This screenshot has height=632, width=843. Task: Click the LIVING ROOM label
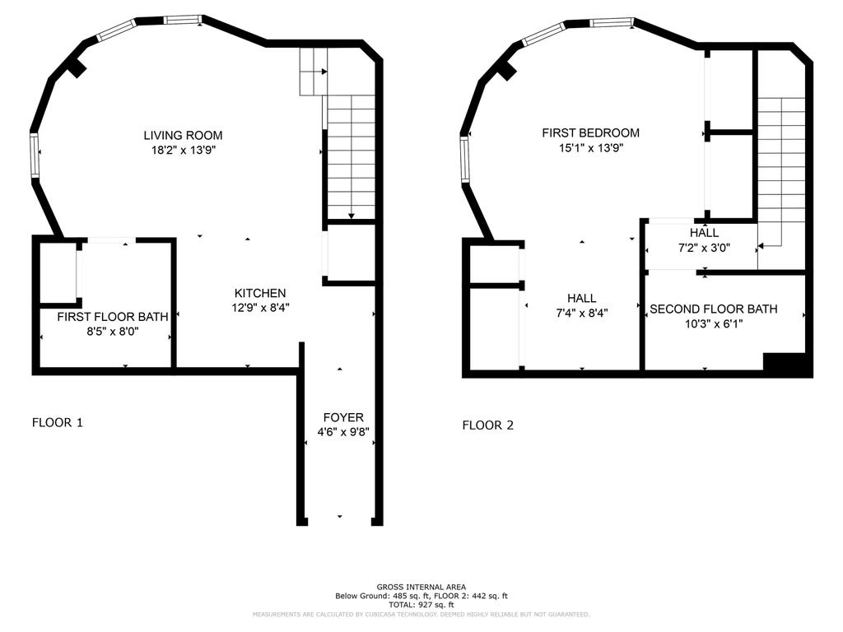point(183,136)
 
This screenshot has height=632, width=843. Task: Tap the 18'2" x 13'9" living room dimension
point(184,150)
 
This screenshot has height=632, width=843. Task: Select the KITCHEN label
point(260,293)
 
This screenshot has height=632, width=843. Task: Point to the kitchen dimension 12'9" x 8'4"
point(261,308)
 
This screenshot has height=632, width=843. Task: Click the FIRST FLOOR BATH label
point(113,317)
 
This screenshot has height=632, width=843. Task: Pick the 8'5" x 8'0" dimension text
point(113,332)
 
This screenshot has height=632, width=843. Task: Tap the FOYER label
point(343,417)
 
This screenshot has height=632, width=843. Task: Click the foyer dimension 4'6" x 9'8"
point(343,432)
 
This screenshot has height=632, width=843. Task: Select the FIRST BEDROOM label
point(591,132)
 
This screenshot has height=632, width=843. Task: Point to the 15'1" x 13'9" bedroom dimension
point(591,148)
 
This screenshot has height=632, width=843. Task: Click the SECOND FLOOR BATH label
point(714,309)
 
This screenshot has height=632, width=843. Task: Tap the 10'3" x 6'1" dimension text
point(714,324)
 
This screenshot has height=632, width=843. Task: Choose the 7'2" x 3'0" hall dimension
point(705,248)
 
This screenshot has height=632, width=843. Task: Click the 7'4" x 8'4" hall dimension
point(582,314)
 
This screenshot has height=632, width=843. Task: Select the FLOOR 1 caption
point(58,422)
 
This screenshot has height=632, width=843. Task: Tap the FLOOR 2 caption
point(488,425)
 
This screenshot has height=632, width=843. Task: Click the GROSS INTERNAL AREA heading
point(421,587)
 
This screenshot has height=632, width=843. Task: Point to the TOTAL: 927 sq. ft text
point(421,605)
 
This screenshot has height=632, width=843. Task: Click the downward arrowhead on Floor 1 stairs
point(351,216)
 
